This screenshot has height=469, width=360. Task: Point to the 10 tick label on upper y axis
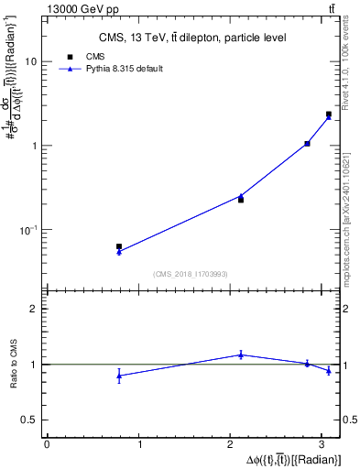pyautogui.click(x=31, y=61)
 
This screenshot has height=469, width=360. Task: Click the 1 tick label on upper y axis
pyautogui.click(x=34, y=146)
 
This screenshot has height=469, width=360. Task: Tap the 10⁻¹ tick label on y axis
pyautogui.click(x=28, y=230)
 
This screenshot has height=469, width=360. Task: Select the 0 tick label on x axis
pyautogui.click(x=46, y=445)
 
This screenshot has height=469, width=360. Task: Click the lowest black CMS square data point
pyautogui.click(x=119, y=246)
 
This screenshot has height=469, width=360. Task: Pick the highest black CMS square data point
pyautogui.click(x=329, y=115)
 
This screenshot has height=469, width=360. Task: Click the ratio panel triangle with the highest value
pyautogui.click(x=241, y=354)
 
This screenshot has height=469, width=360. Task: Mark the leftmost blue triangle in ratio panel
pyautogui.click(x=119, y=376)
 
